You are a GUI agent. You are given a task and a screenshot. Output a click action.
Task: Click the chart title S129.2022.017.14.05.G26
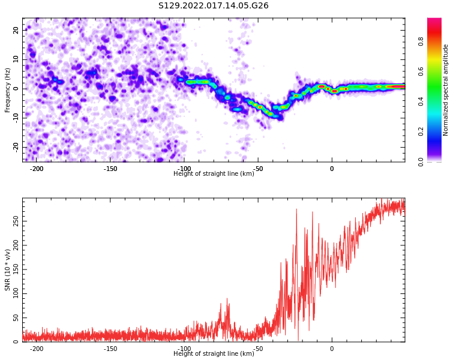tap(214, 5)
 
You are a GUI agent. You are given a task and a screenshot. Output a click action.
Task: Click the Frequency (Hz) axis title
tap(7, 90)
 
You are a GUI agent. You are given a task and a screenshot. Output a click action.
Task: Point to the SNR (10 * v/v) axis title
tap(7, 270)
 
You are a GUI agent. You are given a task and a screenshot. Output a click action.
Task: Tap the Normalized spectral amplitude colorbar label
tap(445, 90)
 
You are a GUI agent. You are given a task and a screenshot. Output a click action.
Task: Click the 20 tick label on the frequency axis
tap(16, 30)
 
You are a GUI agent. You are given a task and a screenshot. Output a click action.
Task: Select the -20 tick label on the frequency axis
tap(16, 147)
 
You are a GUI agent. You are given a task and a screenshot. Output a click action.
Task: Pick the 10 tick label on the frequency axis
tap(16, 59)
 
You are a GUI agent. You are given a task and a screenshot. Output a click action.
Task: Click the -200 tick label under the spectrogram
tap(37, 169)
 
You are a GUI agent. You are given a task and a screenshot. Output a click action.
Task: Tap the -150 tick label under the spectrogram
tap(110, 169)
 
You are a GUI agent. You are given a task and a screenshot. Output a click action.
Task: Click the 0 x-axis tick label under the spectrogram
tap(332, 169)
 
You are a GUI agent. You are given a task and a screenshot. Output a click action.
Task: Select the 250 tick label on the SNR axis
tap(16, 221)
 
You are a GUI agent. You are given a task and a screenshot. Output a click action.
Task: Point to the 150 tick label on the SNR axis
tap(16, 269)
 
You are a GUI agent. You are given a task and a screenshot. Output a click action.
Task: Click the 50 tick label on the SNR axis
tap(16, 318)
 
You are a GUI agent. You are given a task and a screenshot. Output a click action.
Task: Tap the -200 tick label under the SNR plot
tap(37, 349)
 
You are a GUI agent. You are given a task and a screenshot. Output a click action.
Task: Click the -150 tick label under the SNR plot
tap(110, 349)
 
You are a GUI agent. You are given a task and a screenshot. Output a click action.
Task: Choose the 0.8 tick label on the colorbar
tap(421, 41)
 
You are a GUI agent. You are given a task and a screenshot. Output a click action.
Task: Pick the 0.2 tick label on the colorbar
tap(421, 132)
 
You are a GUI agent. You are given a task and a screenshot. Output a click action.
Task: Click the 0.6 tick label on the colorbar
tap(421, 72)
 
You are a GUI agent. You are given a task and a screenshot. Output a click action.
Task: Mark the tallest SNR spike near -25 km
tap(296, 209)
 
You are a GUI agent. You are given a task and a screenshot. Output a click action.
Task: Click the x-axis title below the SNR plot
tap(214, 353)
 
